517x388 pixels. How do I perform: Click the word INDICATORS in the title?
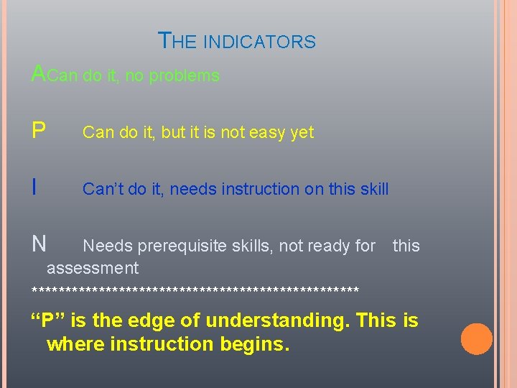259,42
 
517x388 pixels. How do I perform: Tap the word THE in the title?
177,41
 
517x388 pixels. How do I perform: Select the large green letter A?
39,73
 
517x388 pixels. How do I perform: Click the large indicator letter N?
39,244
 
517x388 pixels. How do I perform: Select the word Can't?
100,189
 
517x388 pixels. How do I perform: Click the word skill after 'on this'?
373,189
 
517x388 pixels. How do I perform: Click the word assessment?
93,269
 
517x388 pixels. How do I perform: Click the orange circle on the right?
476,339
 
